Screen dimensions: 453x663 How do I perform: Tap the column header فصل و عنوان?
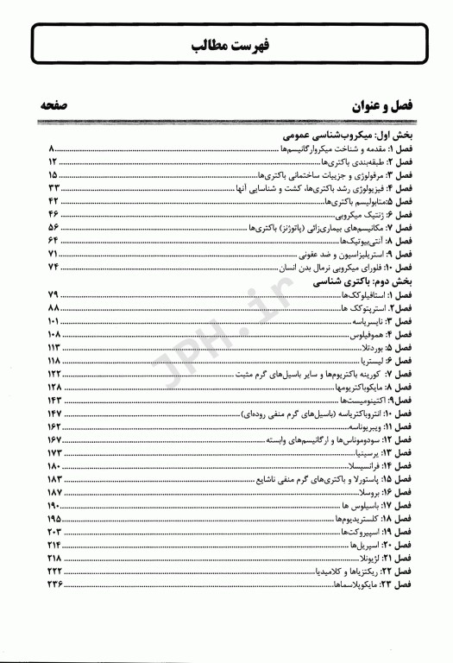380,109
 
